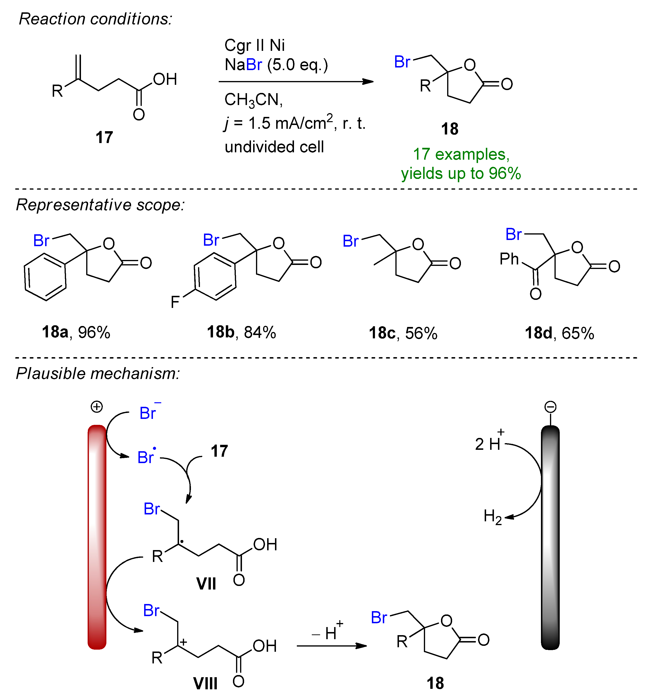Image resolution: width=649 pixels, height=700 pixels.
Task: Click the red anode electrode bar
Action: coord(97,537)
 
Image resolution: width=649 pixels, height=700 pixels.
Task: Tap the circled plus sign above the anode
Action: coord(97,407)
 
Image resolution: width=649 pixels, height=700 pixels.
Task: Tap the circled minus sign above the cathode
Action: coord(550,407)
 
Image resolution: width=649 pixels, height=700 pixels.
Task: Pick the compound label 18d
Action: coord(539,333)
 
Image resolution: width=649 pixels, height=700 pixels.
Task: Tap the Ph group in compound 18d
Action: coord(509,259)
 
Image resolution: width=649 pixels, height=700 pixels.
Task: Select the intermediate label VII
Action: coord(206,584)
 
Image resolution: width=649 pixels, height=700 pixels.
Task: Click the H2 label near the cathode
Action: coord(493,517)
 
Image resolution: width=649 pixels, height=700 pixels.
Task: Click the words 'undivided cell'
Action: coord(274,147)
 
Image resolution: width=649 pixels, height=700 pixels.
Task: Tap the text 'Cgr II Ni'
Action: coord(255,45)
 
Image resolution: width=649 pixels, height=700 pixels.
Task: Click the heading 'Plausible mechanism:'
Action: coord(98,373)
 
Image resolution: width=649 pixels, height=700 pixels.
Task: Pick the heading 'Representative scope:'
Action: coord(100,205)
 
